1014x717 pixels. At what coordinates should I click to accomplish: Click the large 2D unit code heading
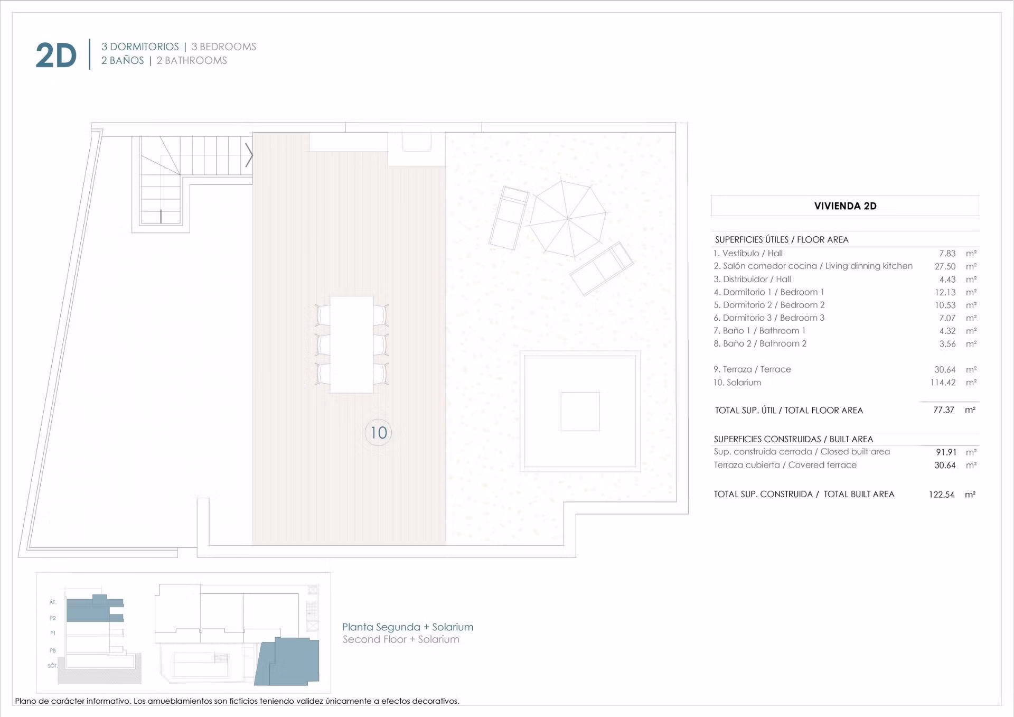click(56, 55)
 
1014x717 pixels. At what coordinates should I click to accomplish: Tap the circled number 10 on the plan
click(378, 433)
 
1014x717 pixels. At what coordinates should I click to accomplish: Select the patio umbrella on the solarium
click(568, 219)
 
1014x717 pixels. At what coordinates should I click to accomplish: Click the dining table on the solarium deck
click(352, 344)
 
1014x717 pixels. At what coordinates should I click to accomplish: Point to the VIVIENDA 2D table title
click(845, 206)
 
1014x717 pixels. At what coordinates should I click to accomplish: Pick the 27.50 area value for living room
click(945, 266)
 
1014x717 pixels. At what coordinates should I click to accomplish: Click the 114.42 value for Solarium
click(943, 383)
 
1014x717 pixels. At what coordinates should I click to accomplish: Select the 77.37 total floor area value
click(944, 410)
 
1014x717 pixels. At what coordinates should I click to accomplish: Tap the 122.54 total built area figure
click(942, 495)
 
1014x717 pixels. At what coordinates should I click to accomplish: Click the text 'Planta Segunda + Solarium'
click(408, 627)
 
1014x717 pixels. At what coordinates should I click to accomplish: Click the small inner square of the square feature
click(580, 412)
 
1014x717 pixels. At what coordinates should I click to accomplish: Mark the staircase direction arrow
click(249, 155)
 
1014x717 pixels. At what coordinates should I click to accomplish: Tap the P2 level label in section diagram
click(53, 618)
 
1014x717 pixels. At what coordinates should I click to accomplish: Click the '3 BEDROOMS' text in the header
click(223, 46)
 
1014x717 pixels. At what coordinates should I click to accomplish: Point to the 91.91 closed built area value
click(946, 452)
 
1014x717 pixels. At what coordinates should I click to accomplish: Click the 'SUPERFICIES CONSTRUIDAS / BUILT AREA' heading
click(793, 439)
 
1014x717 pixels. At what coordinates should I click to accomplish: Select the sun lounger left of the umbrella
click(508, 218)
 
